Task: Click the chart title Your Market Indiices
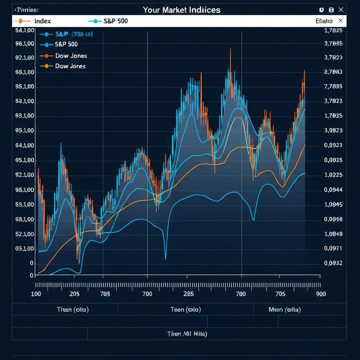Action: coord(181,10)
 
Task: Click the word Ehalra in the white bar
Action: coord(324,21)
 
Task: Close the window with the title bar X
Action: coord(341,10)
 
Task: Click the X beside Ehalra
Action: coord(340,21)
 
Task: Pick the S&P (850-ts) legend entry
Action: coord(73,34)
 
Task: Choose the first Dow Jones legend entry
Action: coord(71,56)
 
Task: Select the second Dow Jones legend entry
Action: coord(70,66)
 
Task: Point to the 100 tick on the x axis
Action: coord(36,294)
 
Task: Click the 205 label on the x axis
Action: coord(75,294)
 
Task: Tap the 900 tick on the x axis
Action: coord(321,294)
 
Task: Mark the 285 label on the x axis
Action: coord(189,294)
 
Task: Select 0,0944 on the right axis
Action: coord(333,190)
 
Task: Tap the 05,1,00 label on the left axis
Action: coord(25,249)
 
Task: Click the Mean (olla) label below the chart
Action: coord(284,309)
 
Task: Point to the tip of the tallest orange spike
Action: coord(230,48)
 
